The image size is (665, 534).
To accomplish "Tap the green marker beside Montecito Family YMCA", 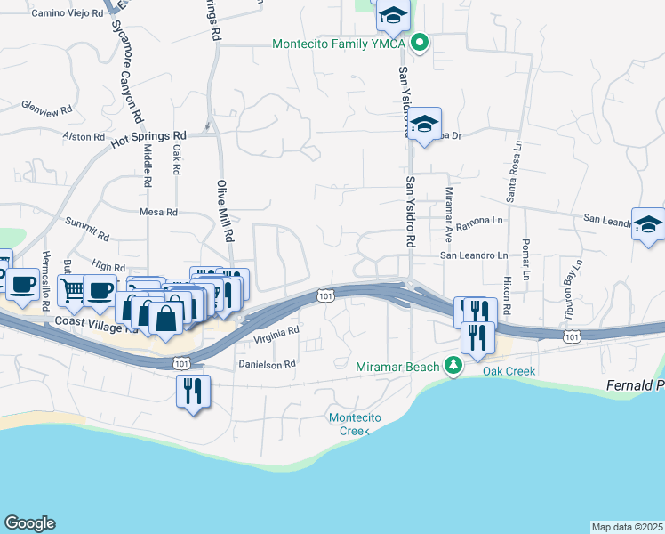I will tap(421, 42).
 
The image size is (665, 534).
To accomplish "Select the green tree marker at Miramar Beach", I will tap(453, 366).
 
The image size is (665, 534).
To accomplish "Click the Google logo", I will tap(29, 523).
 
